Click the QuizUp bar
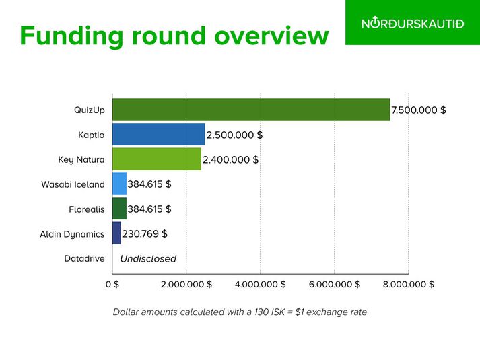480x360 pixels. (251, 110)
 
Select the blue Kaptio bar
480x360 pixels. (159, 135)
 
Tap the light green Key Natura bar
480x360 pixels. (157, 159)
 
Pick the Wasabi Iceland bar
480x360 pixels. (119, 184)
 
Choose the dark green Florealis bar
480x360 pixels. (119, 209)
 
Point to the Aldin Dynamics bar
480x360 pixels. (116, 233)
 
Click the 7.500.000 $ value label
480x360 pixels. (419, 110)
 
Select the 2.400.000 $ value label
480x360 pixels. (230, 159)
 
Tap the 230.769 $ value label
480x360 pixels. (145, 234)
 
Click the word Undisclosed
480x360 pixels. (148, 259)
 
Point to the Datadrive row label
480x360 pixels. (85, 259)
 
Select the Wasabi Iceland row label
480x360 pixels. (73, 184)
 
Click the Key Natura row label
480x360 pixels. (81, 160)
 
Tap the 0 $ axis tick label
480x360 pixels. (112, 284)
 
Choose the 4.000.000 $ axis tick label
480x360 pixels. (261, 284)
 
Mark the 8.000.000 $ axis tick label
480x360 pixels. (409, 284)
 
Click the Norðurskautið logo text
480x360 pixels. (413, 24)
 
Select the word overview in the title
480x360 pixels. (271, 36)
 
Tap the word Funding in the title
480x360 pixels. (71, 37)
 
